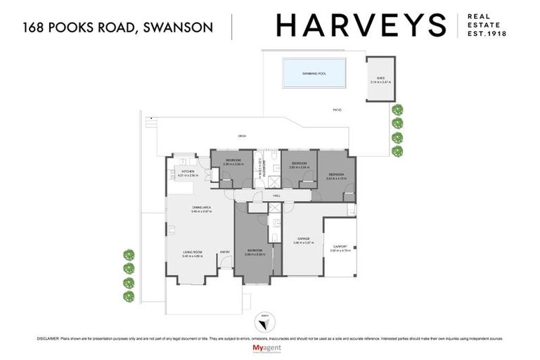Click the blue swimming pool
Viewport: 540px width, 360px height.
314,72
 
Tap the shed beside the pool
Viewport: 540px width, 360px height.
380,79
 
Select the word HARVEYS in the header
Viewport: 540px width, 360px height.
361,26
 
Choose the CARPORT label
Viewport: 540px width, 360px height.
340,246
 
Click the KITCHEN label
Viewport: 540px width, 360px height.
188,172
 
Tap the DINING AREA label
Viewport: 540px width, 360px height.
202,207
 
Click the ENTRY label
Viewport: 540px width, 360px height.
225,251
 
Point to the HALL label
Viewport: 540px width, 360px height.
277,195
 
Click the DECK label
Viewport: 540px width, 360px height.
242,136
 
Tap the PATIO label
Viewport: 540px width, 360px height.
337,110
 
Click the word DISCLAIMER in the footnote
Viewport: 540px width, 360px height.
48,338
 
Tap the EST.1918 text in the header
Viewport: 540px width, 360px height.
491,33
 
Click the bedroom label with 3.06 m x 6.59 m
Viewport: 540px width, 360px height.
255,252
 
